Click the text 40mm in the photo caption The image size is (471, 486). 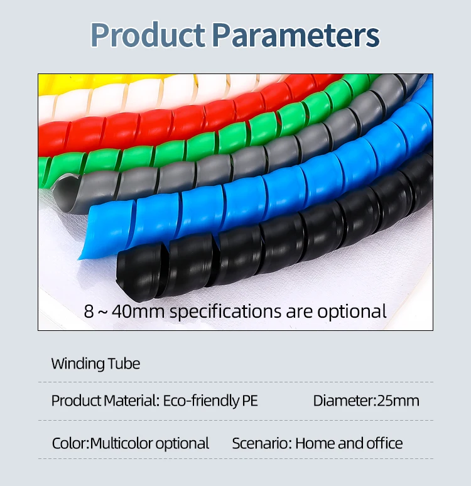[138, 311]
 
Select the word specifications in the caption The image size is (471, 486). [225, 312]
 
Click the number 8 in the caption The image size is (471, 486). [89, 311]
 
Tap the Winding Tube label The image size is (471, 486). [95, 364]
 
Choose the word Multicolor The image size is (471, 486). [121, 443]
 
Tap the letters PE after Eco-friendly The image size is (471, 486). [249, 401]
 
